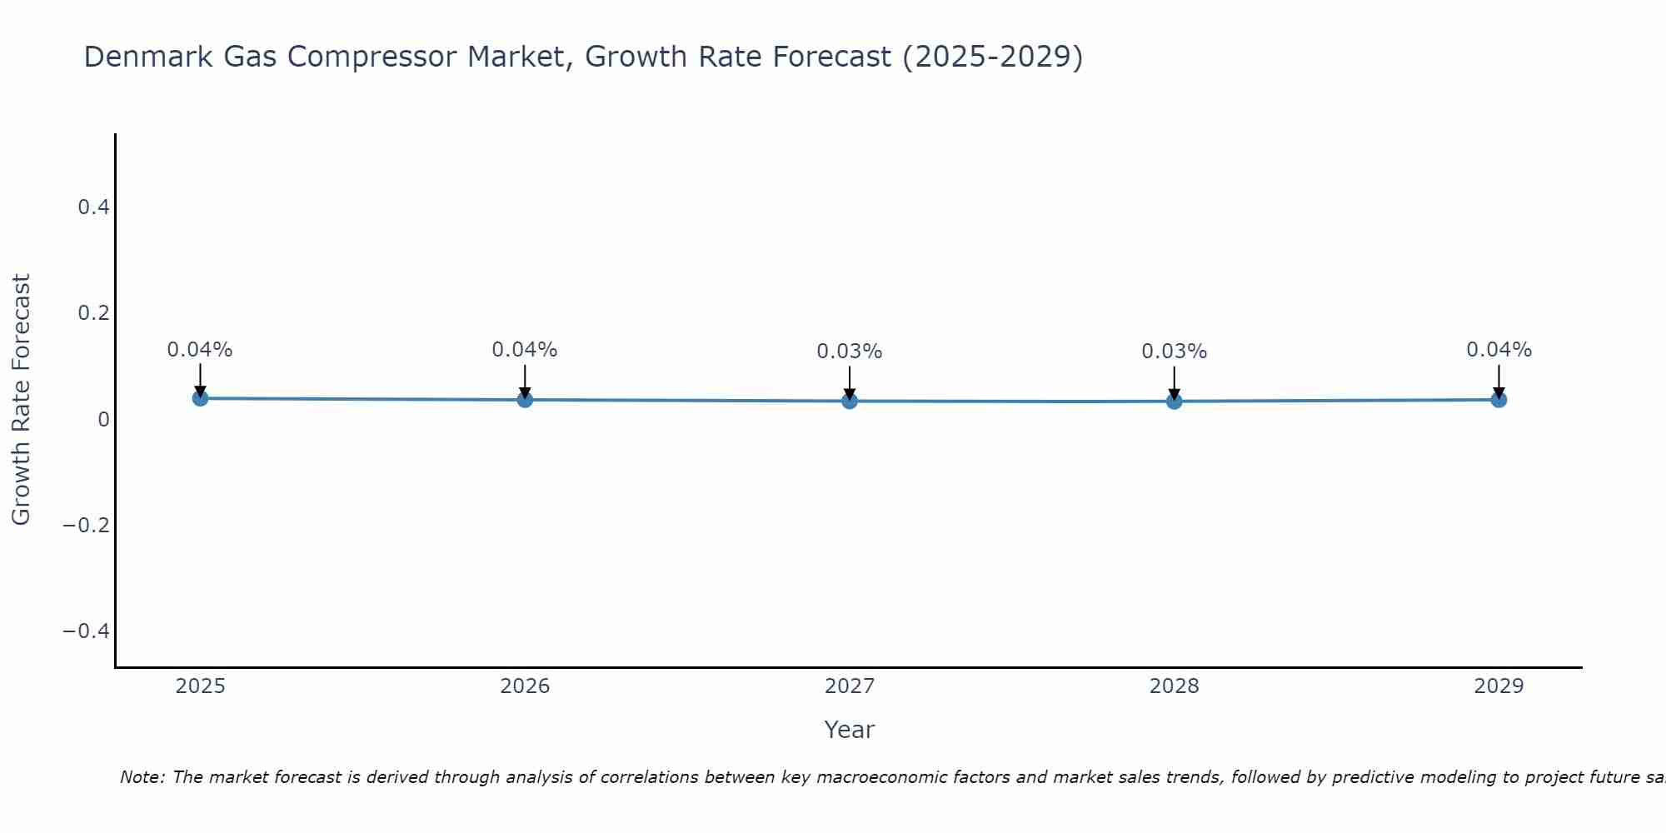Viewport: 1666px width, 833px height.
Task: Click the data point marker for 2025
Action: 200,398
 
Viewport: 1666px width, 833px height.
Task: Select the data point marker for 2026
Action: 525,400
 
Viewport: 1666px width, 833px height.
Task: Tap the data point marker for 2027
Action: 850,401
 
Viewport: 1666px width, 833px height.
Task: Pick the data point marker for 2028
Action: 1174,401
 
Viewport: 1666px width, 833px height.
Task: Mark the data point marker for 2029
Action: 1499,400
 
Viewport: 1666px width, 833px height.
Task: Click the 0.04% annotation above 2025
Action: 200,350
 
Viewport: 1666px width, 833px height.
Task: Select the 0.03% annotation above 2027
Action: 850,352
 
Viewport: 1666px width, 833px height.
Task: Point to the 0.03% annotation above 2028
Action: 1174,352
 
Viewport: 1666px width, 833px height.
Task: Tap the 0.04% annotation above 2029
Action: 1499,350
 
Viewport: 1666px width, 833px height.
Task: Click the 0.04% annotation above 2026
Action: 525,350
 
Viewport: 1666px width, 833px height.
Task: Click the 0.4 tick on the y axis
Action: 94,207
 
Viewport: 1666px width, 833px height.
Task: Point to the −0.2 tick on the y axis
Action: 87,525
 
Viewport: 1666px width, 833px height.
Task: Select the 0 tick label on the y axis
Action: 104,419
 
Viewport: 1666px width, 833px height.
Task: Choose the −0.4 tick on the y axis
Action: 87,631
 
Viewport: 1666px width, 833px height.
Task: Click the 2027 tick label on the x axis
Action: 850,686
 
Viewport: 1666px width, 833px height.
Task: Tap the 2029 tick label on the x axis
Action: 1499,686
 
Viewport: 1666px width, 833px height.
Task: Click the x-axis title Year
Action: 850,730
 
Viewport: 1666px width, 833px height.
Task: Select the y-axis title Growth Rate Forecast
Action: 22,400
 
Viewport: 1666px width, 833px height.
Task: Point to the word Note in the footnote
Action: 142,777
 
